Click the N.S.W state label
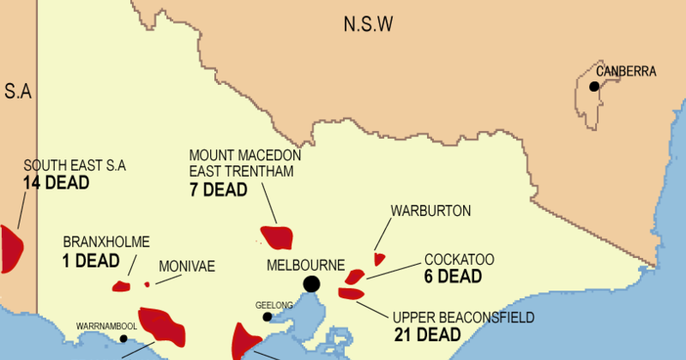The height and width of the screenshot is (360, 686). [368, 24]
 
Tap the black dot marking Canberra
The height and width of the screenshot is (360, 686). [593, 86]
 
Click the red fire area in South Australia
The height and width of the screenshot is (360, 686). [10, 248]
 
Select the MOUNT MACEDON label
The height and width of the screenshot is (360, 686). [245, 155]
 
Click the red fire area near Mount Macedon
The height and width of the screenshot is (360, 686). [277, 237]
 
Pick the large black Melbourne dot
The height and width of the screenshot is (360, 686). [311, 284]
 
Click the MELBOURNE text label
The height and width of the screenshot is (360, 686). [305, 264]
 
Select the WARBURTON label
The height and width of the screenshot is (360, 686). [430, 211]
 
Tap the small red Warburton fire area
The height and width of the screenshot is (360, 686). [379, 259]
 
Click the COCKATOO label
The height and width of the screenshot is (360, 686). [459, 260]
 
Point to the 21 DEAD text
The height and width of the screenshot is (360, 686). [427, 334]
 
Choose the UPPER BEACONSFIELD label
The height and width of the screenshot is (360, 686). [463, 317]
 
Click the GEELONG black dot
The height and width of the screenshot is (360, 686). [268, 317]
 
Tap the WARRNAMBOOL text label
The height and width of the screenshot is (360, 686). [106, 327]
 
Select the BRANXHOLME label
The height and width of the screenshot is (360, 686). [100, 242]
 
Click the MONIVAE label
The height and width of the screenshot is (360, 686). [186, 267]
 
